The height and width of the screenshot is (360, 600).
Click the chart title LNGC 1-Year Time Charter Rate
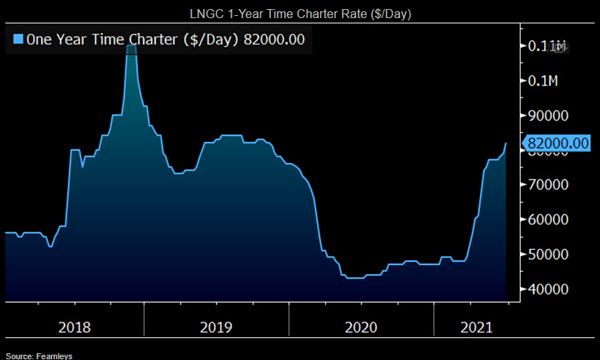pos(300,14)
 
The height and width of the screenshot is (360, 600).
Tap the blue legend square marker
pos(19,40)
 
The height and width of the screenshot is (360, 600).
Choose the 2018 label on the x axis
pos(74,327)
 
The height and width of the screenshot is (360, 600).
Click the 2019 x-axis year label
pos(217,327)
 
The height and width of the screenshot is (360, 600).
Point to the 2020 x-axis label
pos(360,327)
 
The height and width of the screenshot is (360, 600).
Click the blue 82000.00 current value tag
pos(558,143)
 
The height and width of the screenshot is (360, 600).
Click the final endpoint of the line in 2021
pos(506,143)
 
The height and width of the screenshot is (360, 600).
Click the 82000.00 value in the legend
pos(274,40)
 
